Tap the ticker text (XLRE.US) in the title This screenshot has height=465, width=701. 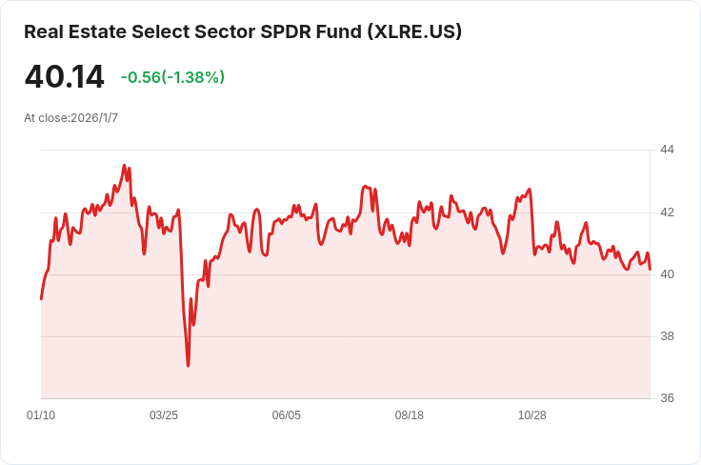click(x=414, y=31)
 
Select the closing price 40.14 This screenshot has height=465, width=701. click(x=64, y=77)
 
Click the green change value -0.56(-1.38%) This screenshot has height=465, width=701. click(x=172, y=77)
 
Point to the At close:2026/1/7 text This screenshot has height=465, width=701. click(x=71, y=118)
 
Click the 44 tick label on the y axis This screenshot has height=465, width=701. click(x=667, y=150)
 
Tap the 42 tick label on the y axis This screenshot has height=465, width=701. click(x=667, y=212)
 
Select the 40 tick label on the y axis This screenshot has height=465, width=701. click(x=667, y=274)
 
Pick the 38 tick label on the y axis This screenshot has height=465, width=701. click(x=667, y=336)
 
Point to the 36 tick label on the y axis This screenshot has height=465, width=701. click(x=667, y=398)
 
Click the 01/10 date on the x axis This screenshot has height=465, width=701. click(x=41, y=415)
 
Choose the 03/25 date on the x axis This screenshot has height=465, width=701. click(x=164, y=415)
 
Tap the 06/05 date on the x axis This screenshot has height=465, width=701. click(x=287, y=415)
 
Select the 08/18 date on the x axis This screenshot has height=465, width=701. click(x=410, y=415)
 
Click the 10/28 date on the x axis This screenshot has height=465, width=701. click(x=532, y=415)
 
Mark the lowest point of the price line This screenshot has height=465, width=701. click(x=188, y=365)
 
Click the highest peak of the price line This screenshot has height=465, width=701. click(x=125, y=165)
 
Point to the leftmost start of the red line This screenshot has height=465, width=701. click(x=41, y=299)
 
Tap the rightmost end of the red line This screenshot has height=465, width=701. click(x=650, y=270)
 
